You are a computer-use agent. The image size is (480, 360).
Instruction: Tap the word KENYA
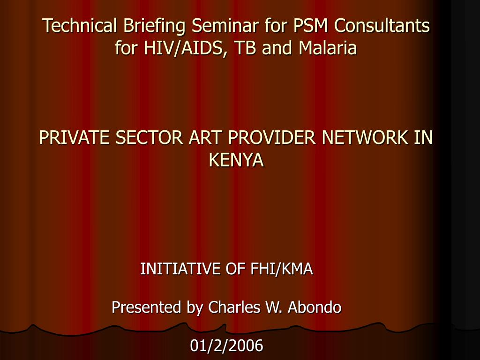click(x=236, y=160)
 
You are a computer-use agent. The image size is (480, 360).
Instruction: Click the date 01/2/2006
click(x=227, y=346)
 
